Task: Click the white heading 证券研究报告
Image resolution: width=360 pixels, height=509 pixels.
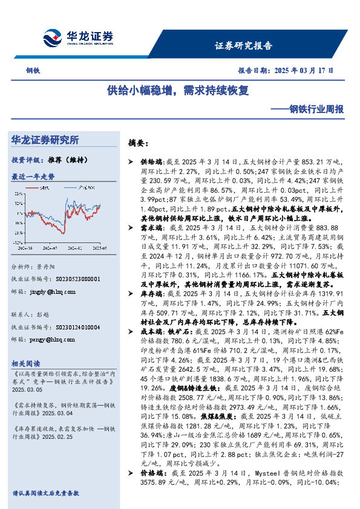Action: (243, 46)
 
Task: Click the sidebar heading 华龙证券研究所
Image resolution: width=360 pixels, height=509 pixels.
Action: (46, 140)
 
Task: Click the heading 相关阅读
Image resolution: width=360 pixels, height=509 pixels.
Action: (25, 363)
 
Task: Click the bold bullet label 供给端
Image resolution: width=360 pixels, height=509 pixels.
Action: (151, 163)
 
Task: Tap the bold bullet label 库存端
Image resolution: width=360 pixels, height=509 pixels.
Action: (151, 293)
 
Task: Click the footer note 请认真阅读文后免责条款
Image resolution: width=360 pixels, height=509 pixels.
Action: (47, 493)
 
